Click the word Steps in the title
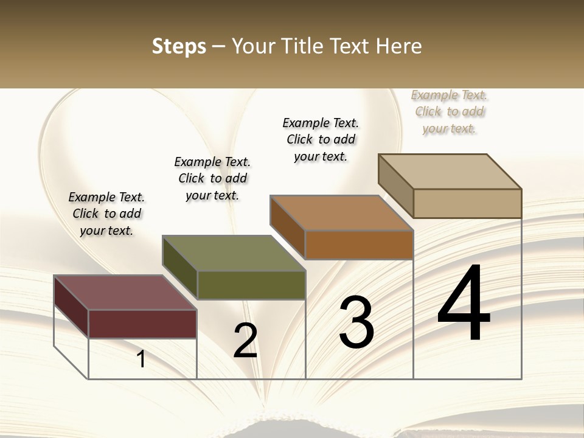coord(179,46)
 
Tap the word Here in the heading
coord(398,46)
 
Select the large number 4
coord(464,304)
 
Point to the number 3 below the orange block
coord(356,322)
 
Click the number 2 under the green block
coord(245,341)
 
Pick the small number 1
coord(141,360)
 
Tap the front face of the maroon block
coord(142,324)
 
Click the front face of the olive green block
coord(251,285)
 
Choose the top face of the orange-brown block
coord(341,213)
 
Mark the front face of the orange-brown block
coord(359,245)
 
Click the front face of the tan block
coord(467,203)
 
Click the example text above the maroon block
coord(106,214)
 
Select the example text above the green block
coord(212,178)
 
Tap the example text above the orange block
coord(321,139)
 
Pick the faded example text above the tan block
coord(450,111)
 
